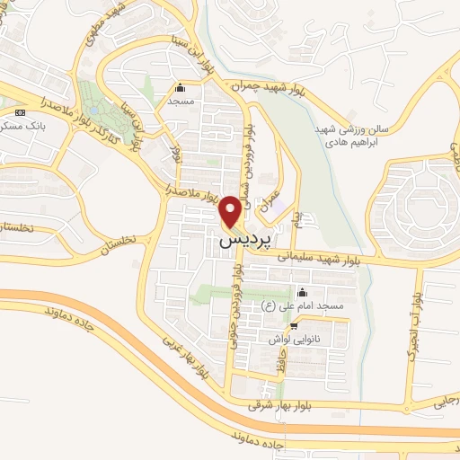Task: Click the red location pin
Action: (231, 209)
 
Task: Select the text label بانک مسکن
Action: (25, 127)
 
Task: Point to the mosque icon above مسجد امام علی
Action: (301, 292)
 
